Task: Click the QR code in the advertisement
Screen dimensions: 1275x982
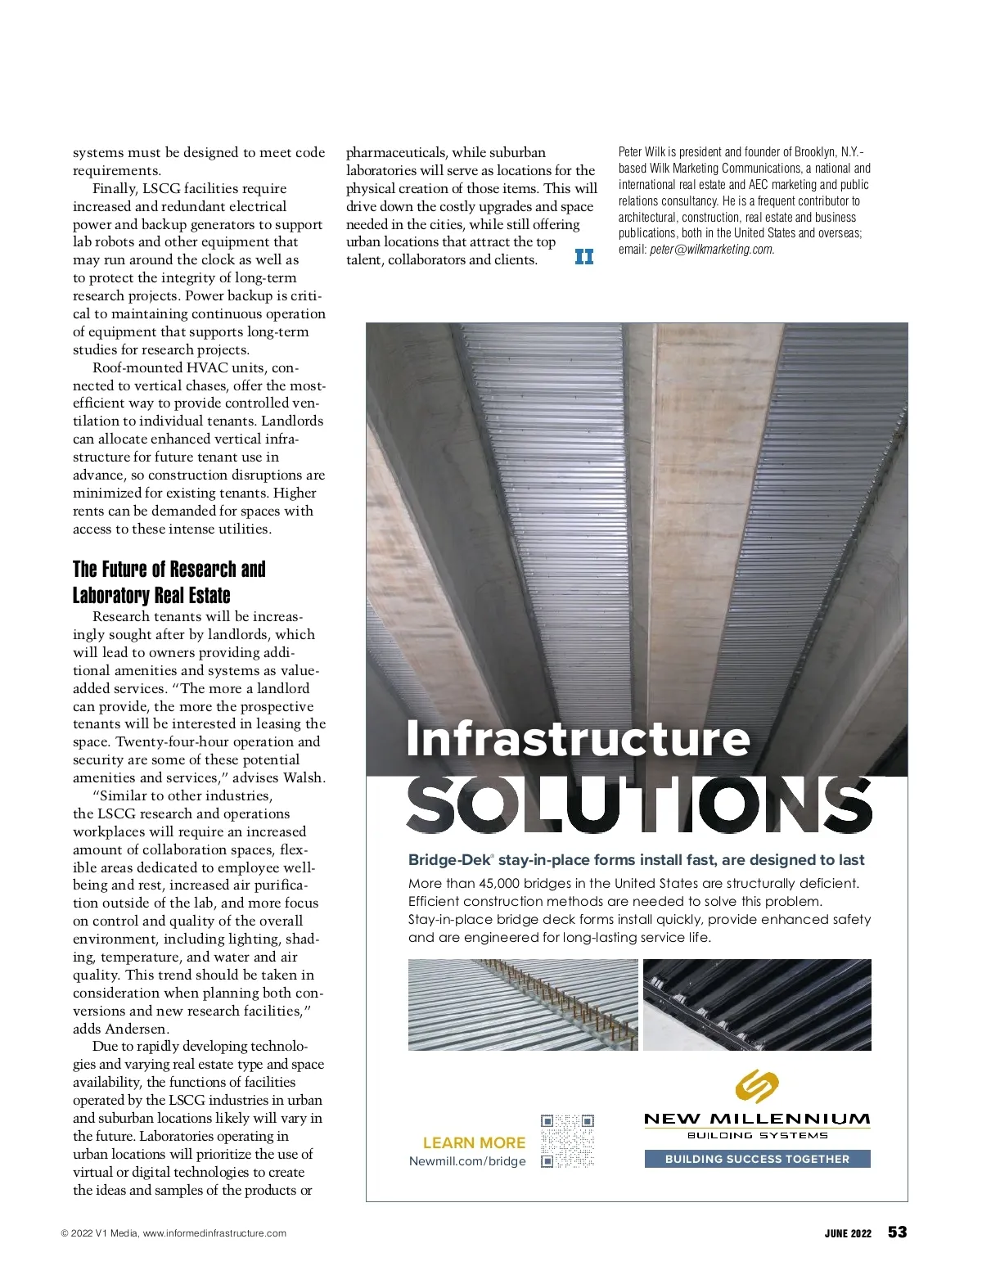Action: [x=567, y=1140]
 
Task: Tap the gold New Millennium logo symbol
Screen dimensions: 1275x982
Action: [x=757, y=1086]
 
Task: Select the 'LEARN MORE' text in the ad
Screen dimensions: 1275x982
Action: [x=474, y=1143]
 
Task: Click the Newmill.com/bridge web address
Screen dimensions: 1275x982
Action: [x=467, y=1161]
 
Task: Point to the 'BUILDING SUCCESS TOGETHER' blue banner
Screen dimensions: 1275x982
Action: [x=757, y=1159]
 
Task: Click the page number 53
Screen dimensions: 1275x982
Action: [x=897, y=1232]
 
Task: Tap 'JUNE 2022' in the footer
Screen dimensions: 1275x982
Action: [x=848, y=1234]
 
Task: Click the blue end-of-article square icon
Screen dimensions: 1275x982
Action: [x=584, y=257]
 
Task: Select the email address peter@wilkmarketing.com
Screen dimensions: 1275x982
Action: [x=711, y=250]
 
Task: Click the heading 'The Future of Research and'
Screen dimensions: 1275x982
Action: [x=169, y=570]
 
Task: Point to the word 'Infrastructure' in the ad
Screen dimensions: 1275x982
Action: [x=578, y=738]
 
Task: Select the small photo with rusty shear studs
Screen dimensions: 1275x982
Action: [x=523, y=1005]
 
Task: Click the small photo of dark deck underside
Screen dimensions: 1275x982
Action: [x=757, y=1005]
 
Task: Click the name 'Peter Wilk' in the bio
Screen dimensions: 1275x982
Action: [x=642, y=152]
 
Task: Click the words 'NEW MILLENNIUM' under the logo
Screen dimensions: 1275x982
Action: [x=757, y=1119]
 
